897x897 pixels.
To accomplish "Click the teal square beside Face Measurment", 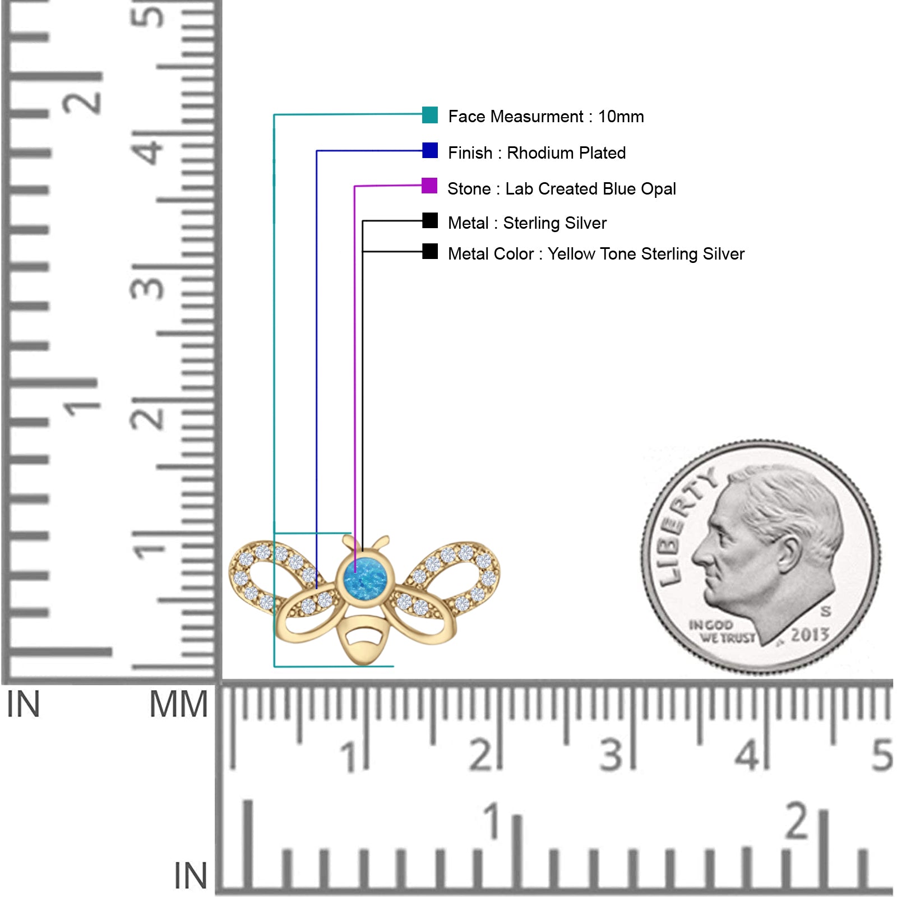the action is pyautogui.click(x=430, y=115).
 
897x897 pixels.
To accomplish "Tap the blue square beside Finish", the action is pyautogui.click(x=430, y=150).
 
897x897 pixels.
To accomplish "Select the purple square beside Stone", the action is pyautogui.click(x=429, y=186).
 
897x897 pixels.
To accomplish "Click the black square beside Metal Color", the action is pyautogui.click(x=430, y=251).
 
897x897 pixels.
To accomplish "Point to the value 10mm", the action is pyautogui.click(x=621, y=117).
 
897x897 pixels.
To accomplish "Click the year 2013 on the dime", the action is pyautogui.click(x=810, y=635).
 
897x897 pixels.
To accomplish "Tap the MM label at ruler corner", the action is pyautogui.click(x=178, y=705).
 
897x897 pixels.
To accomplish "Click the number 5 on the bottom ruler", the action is pyautogui.click(x=882, y=755).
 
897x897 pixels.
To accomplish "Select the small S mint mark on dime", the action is pyautogui.click(x=826, y=611).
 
